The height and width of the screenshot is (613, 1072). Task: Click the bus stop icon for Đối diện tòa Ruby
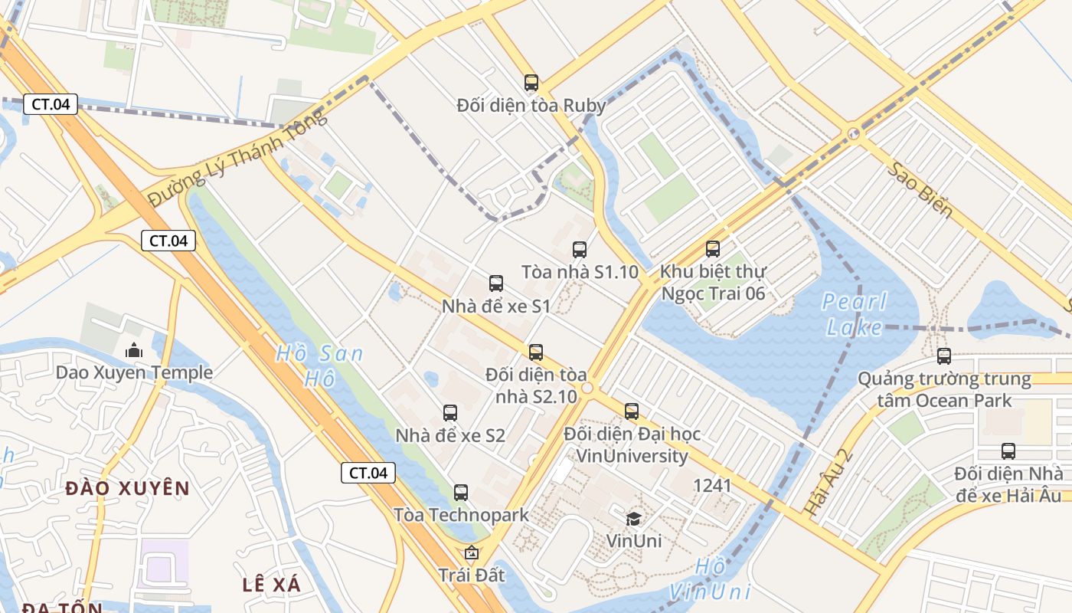pyautogui.click(x=531, y=83)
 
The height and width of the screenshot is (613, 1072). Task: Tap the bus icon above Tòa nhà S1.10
pyautogui.click(x=580, y=249)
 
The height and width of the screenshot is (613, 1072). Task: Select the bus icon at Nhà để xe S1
pyautogui.click(x=496, y=284)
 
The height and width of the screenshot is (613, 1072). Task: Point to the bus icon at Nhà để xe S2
pyautogui.click(x=450, y=413)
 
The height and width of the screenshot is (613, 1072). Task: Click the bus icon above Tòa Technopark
pyautogui.click(x=461, y=493)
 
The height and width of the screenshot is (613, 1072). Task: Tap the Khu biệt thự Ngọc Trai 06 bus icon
pyautogui.click(x=713, y=249)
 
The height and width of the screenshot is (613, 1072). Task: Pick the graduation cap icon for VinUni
pyautogui.click(x=634, y=519)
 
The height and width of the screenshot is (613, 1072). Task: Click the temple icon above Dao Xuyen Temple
pyautogui.click(x=134, y=350)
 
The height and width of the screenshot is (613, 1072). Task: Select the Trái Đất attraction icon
pyautogui.click(x=472, y=552)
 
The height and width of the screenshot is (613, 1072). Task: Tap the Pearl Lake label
pyautogui.click(x=855, y=314)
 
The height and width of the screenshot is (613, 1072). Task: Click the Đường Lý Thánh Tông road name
pyautogui.click(x=237, y=157)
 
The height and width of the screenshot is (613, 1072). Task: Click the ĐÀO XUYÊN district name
pyautogui.click(x=127, y=488)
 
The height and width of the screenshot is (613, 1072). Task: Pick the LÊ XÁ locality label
pyautogui.click(x=271, y=585)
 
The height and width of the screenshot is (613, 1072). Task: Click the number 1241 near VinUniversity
pyautogui.click(x=712, y=485)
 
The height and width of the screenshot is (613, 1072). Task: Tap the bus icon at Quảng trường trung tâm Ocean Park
pyautogui.click(x=944, y=356)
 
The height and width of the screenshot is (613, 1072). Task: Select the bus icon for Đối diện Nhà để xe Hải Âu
pyautogui.click(x=1008, y=451)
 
